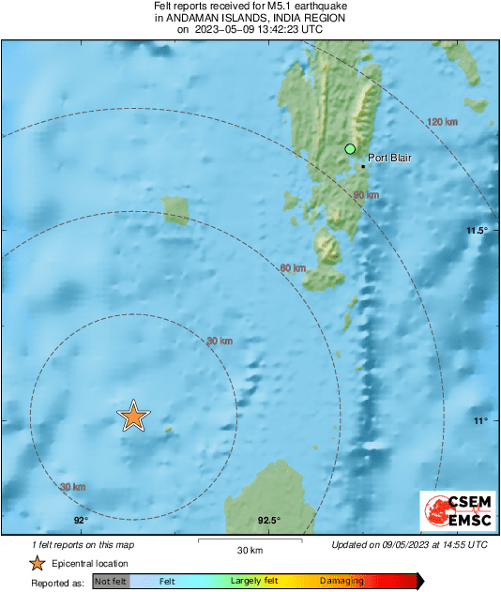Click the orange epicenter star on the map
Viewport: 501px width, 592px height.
(x=133, y=415)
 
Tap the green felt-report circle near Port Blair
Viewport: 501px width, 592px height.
(x=350, y=148)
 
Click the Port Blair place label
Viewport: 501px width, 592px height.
(x=389, y=159)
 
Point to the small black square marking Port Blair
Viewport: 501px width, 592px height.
(x=363, y=166)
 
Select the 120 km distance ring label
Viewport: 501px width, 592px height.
(x=441, y=123)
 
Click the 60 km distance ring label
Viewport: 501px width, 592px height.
(x=293, y=268)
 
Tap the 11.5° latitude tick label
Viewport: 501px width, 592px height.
(x=478, y=231)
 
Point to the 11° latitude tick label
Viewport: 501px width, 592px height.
(x=480, y=420)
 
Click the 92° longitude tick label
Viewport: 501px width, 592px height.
(x=80, y=521)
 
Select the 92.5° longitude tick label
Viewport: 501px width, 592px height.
(x=268, y=521)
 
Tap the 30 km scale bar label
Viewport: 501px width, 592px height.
(x=249, y=550)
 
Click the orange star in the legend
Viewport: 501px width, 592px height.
(x=37, y=563)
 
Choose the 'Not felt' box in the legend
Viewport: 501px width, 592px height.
(x=111, y=582)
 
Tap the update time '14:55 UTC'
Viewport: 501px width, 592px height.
(x=463, y=544)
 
